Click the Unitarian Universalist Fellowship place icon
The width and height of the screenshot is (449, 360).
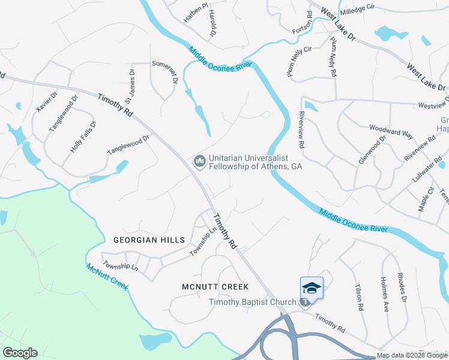click(199, 161)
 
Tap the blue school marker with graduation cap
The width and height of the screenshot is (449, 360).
click(311, 288)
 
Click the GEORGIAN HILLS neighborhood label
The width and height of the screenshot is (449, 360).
click(149, 239)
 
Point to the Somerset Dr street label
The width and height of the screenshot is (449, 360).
click(165, 71)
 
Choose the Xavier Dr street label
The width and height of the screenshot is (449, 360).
click(46, 102)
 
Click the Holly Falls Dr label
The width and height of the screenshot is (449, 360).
click(83, 136)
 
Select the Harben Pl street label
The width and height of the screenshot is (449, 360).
click(196, 12)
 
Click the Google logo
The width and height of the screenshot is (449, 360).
click(20, 353)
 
